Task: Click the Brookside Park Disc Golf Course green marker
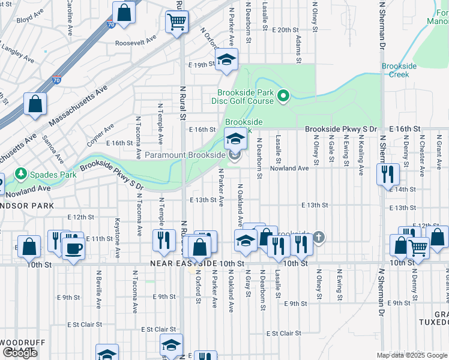pyautogui.click(x=285, y=95)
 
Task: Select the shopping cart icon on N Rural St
pyautogui.click(x=177, y=22)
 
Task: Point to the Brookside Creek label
pyautogui.click(x=395, y=70)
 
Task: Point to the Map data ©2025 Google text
pyautogui.click(x=412, y=355)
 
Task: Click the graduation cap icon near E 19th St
pyautogui.click(x=226, y=61)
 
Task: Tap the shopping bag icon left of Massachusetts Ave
pyautogui.click(x=36, y=104)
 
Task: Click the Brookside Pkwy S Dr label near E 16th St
pyautogui.click(x=340, y=129)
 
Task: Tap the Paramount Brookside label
pyautogui.click(x=185, y=155)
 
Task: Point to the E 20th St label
pyautogui.click(x=285, y=29)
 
